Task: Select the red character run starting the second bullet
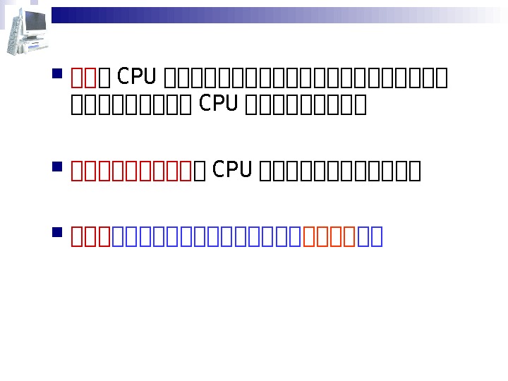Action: click(x=132, y=170)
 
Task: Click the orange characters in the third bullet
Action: click(x=330, y=236)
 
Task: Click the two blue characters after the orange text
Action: click(x=370, y=236)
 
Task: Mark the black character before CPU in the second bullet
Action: click(x=200, y=170)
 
